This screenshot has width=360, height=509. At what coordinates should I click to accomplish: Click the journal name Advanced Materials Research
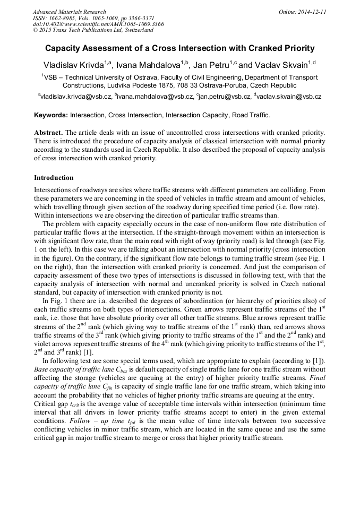[69, 12]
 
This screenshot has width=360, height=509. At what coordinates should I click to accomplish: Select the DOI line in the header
[98, 24]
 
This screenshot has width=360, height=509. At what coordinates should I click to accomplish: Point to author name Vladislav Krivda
[73, 65]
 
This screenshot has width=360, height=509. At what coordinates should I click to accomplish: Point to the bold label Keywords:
[51, 115]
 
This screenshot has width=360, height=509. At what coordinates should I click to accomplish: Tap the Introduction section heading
[54, 177]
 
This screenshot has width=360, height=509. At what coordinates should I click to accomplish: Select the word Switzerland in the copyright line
[133, 31]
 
